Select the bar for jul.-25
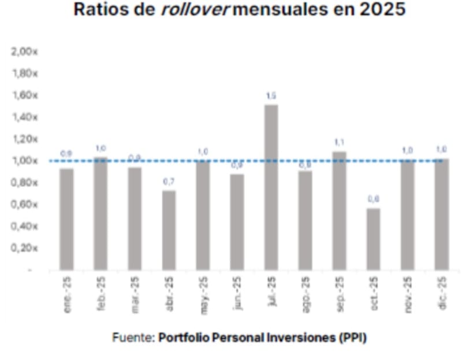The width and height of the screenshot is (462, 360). (x=271, y=187)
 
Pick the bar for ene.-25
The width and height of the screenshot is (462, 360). (x=66, y=219)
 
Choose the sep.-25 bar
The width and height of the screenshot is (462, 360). (x=339, y=211)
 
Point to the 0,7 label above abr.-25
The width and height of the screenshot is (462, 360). (x=169, y=182)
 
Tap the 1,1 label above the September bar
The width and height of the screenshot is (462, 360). (x=339, y=142)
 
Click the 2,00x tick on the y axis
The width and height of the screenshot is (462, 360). (x=24, y=52)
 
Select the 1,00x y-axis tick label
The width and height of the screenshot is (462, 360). (x=24, y=161)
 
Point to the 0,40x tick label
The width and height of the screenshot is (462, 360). (x=24, y=226)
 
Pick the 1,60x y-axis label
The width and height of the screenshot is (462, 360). (x=24, y=95)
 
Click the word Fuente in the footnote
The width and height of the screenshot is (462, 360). (x=132, y=337)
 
